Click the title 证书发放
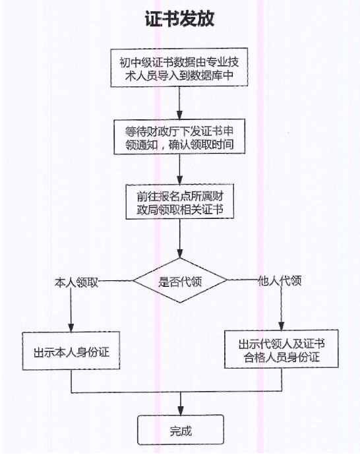click(x=179, y=18)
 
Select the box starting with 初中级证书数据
click(x=179, y=68)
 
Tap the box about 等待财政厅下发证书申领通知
click(x=179, y=137)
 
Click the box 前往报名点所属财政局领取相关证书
click(x=180, y=202)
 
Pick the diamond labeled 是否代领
click(x=180, y=280)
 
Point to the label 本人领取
click(x=76, y=282)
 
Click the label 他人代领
click(x=280, y=281)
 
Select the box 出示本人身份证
click(x=71, y=351)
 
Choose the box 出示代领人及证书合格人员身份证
click(x=282, y=349)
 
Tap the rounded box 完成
click(x=181, y=430)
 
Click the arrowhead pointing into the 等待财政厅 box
click(x=179, y=115)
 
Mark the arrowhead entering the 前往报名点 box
click(x=180, y=179)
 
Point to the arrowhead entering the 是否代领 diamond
click(x=180, y=254)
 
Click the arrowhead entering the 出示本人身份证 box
click(x=71, y=327)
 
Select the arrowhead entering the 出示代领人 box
click(x=282, y=326)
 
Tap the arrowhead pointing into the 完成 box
click(x=181, y=410)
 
